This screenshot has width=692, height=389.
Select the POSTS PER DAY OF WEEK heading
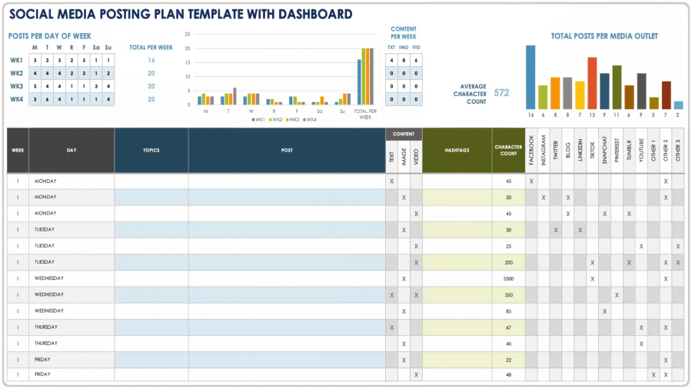(50, 35)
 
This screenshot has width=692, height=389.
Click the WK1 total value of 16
(151, 60)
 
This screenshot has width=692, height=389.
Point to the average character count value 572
(501, 92)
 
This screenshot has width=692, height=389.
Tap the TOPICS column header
(151, 150)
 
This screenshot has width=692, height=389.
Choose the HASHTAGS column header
(457, 150)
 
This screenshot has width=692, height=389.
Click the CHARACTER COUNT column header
(508, 150)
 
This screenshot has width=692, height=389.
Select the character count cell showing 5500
(508, 278)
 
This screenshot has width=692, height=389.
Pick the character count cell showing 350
(508, 294)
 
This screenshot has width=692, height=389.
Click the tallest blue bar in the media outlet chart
(531, 77)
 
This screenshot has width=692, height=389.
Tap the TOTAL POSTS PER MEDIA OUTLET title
(604, 36)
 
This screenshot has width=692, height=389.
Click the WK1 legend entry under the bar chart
(258, 120)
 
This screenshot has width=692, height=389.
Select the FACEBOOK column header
(531, 149)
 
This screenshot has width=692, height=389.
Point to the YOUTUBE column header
(641, 149)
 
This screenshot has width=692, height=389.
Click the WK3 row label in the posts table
(16, 86)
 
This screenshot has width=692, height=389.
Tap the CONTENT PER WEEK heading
(404, 32)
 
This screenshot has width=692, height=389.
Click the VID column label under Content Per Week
(416, 47)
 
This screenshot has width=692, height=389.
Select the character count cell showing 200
(508, 262)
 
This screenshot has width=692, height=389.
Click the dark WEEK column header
(18, 150)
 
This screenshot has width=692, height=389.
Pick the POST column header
(287, 150)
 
